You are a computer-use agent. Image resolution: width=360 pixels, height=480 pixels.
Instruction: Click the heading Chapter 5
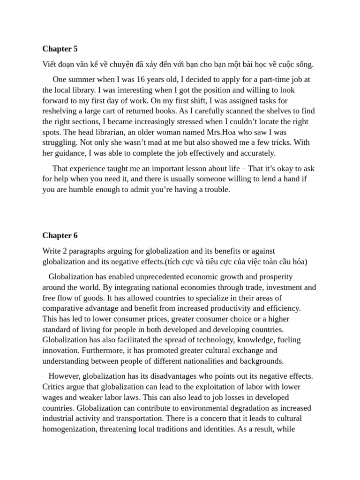click(x=60, y=49)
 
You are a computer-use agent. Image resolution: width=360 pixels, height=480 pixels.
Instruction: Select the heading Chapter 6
click(x=60, y=235)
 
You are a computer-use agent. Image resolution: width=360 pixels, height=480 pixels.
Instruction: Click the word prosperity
click(x=275, y=277)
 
